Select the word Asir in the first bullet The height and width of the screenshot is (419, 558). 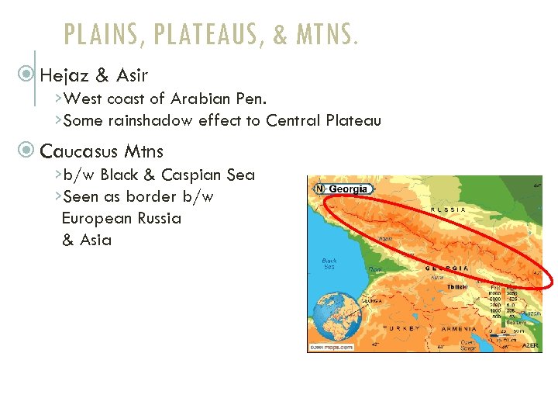coord(133,75)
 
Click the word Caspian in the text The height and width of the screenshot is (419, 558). coord(191,175)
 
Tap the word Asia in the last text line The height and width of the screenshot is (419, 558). coord(96,240)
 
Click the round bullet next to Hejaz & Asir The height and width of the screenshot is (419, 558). coord(29,75)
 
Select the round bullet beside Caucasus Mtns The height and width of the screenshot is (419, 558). coord(29,150)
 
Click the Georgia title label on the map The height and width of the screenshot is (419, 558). coord(350,189)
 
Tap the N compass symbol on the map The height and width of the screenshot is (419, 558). coord(319,189)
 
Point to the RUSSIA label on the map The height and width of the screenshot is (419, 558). coord(449,209)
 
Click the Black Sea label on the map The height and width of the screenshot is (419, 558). coord(329,265)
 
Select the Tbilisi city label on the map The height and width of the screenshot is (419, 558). coord(456,287)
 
